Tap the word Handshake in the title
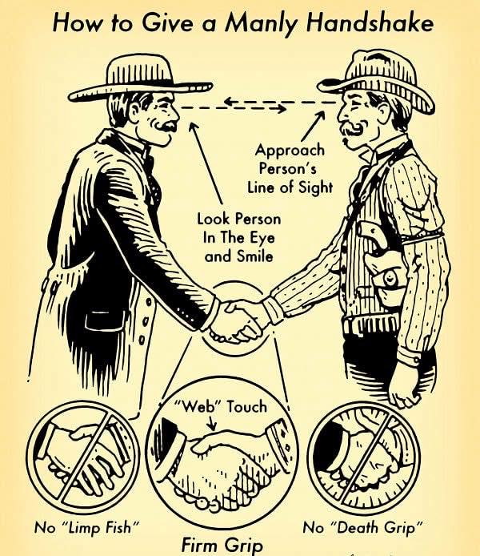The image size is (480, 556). (370, 22)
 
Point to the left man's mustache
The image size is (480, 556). (166, 126)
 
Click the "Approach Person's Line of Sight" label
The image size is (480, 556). (290, 168)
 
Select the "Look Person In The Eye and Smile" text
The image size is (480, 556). (239, 237)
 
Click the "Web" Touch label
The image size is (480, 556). (220, 406)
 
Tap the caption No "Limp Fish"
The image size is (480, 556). (86, 528)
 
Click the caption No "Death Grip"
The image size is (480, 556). (362, 528)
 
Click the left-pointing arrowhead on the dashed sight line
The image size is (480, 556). (229, 102)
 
